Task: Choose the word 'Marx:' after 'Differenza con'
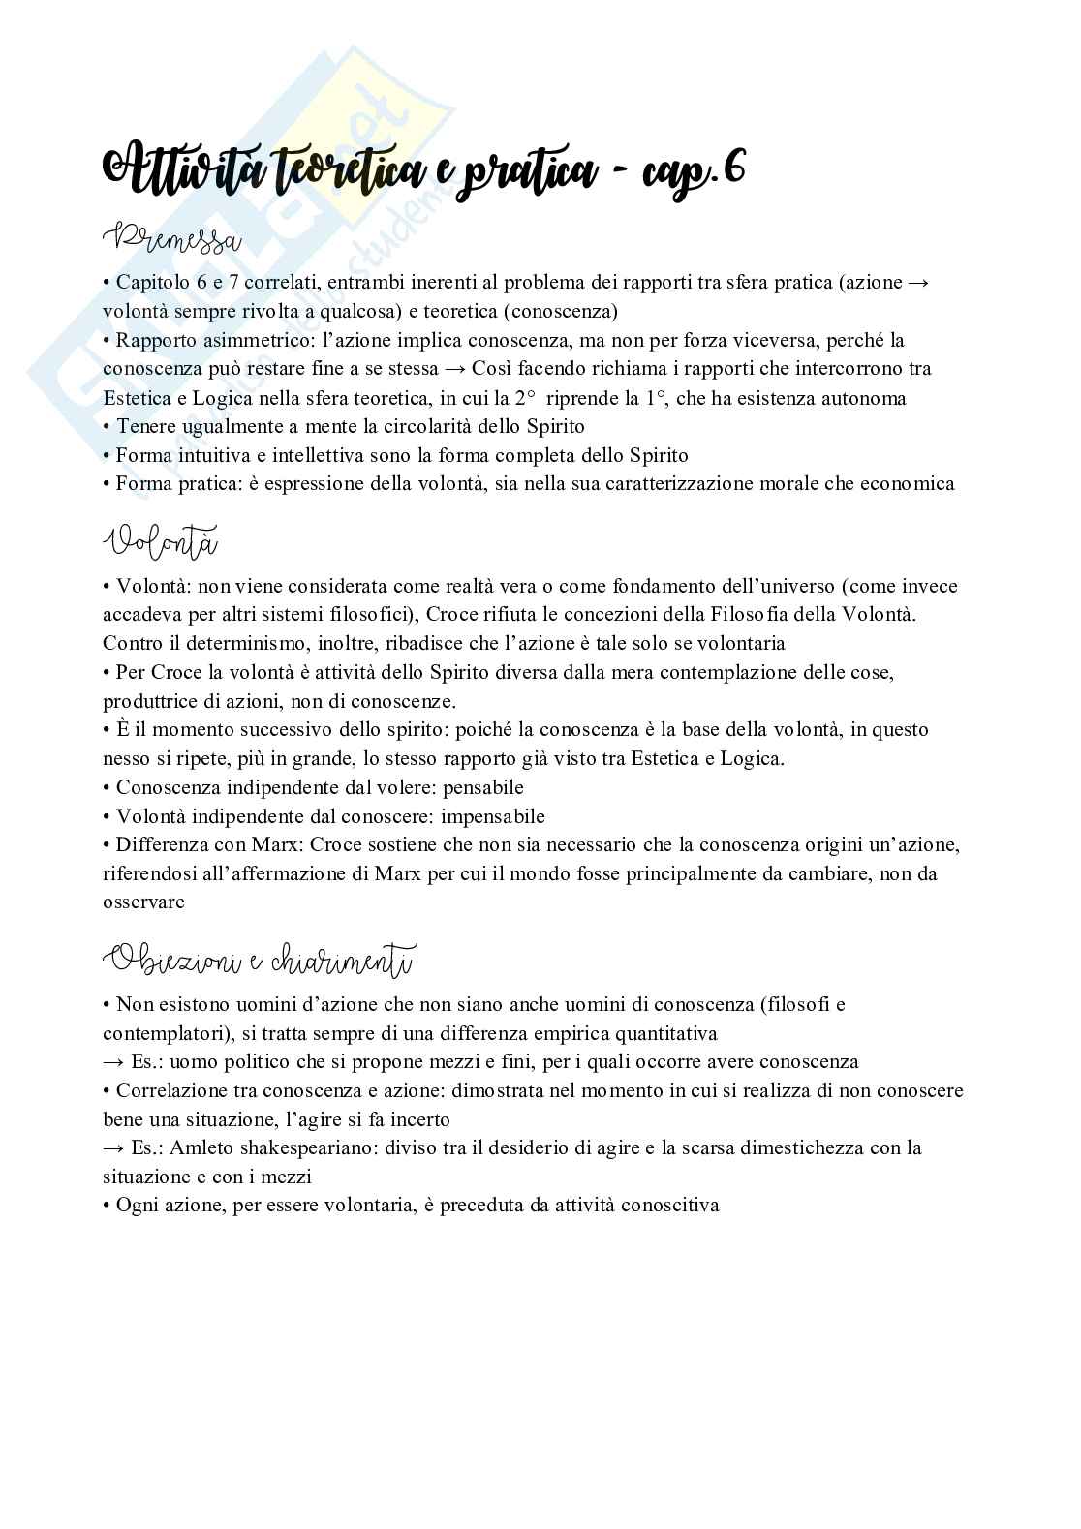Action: (x=277, y=845)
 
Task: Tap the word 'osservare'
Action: (x=143, y=902)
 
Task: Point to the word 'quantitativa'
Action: (x=668, y=1032)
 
